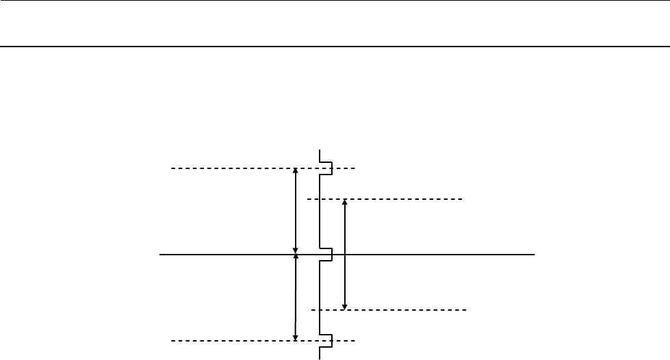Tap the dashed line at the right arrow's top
pyautogui.click(x=404, y=199)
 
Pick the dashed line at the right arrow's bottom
pyautogui.click(x=404, y=310)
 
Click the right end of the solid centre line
pyautogui.click(x=533, y=255)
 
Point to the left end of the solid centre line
pyautogui.click(x=160, y=255)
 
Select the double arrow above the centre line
pyautogui.click(x=295, y=211)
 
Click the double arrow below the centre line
pyautogui.click(x=295, y=298)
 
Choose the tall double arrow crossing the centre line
pyautogui.click(x=344, y=255)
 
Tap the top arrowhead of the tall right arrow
pyautogui.click(x=344, y=202)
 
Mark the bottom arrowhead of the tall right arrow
pyautogui.click(x=344, y=307)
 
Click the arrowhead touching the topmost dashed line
pyautogui.click(x=295, y=171)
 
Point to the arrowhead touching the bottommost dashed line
pyautogui.click(x=295, y=337)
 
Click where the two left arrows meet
pyautogui.click(x=295, y=255)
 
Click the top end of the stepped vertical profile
pyautogui.click(x=320, y=150)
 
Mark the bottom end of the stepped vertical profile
pyautogui.click(x=320, y=358)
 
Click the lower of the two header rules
pyautogui.click(x=335, y=47)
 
